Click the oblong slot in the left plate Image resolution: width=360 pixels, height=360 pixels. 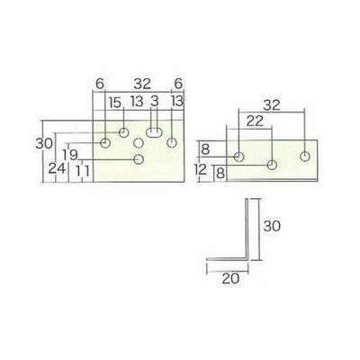154,132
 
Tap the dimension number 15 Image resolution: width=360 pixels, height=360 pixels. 115,103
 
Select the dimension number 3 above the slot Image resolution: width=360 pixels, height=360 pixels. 154,102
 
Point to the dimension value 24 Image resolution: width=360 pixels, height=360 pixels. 57,168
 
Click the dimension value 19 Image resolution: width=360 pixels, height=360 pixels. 70,155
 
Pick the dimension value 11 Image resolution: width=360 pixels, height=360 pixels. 82,171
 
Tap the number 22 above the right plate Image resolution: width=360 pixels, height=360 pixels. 255,121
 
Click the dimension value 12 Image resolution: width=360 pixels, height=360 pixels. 201,170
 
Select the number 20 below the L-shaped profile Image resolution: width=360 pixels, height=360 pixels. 231,279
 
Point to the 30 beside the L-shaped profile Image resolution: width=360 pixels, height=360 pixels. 272,226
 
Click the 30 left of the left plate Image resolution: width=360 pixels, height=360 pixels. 44,144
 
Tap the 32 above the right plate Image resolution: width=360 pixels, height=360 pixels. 272,105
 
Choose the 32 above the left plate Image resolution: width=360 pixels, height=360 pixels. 142,85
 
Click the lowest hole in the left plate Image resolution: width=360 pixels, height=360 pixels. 139,159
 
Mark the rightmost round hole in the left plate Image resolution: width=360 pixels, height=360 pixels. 172,143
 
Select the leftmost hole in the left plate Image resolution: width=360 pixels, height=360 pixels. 105,143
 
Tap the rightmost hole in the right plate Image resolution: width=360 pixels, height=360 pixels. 305,157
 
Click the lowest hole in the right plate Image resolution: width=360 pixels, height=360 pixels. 272,165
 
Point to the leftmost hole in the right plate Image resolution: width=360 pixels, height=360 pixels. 238,157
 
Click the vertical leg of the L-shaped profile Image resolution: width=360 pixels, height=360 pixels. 247,229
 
